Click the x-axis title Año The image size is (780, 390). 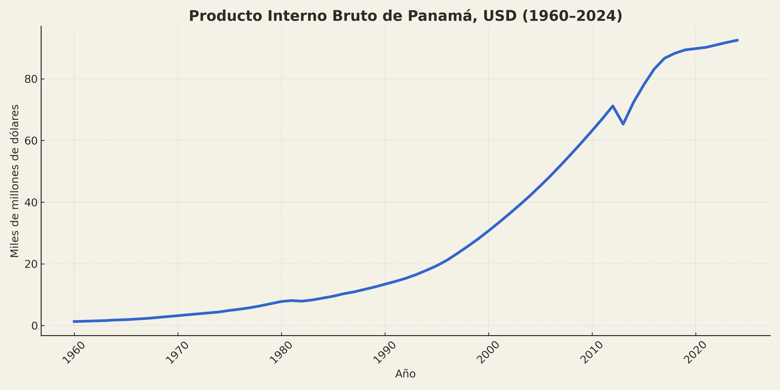405,374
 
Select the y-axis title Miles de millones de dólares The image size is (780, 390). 15,181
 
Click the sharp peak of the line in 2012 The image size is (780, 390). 613,106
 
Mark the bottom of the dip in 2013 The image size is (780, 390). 623,124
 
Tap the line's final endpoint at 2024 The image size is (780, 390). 737,40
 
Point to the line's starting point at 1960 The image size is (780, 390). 74,321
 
